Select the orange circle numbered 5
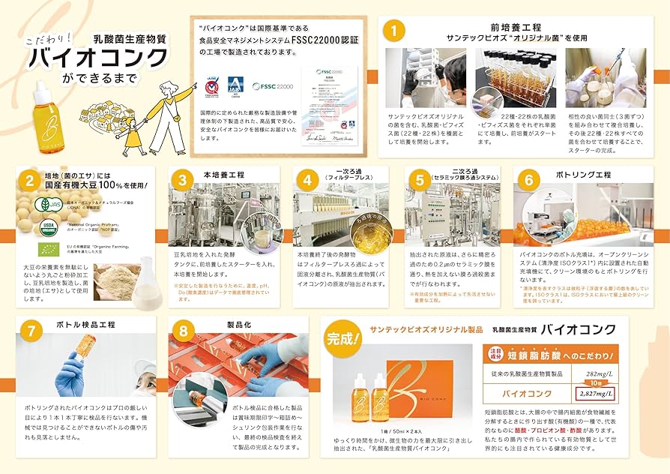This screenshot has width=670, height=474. pyautogui.click(x=420, y=180)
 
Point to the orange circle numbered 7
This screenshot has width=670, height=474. pyautogui.click(x=30, y=330)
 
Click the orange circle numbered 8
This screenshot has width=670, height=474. pyautogui.click(x=184, y=330)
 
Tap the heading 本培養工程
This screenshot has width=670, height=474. pyautogui.click(x=224, y=175)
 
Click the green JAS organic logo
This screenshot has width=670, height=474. pyautogui.click(x=46, y=204)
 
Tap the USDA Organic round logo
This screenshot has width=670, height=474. pyautogui.click(x=48, y=226)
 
